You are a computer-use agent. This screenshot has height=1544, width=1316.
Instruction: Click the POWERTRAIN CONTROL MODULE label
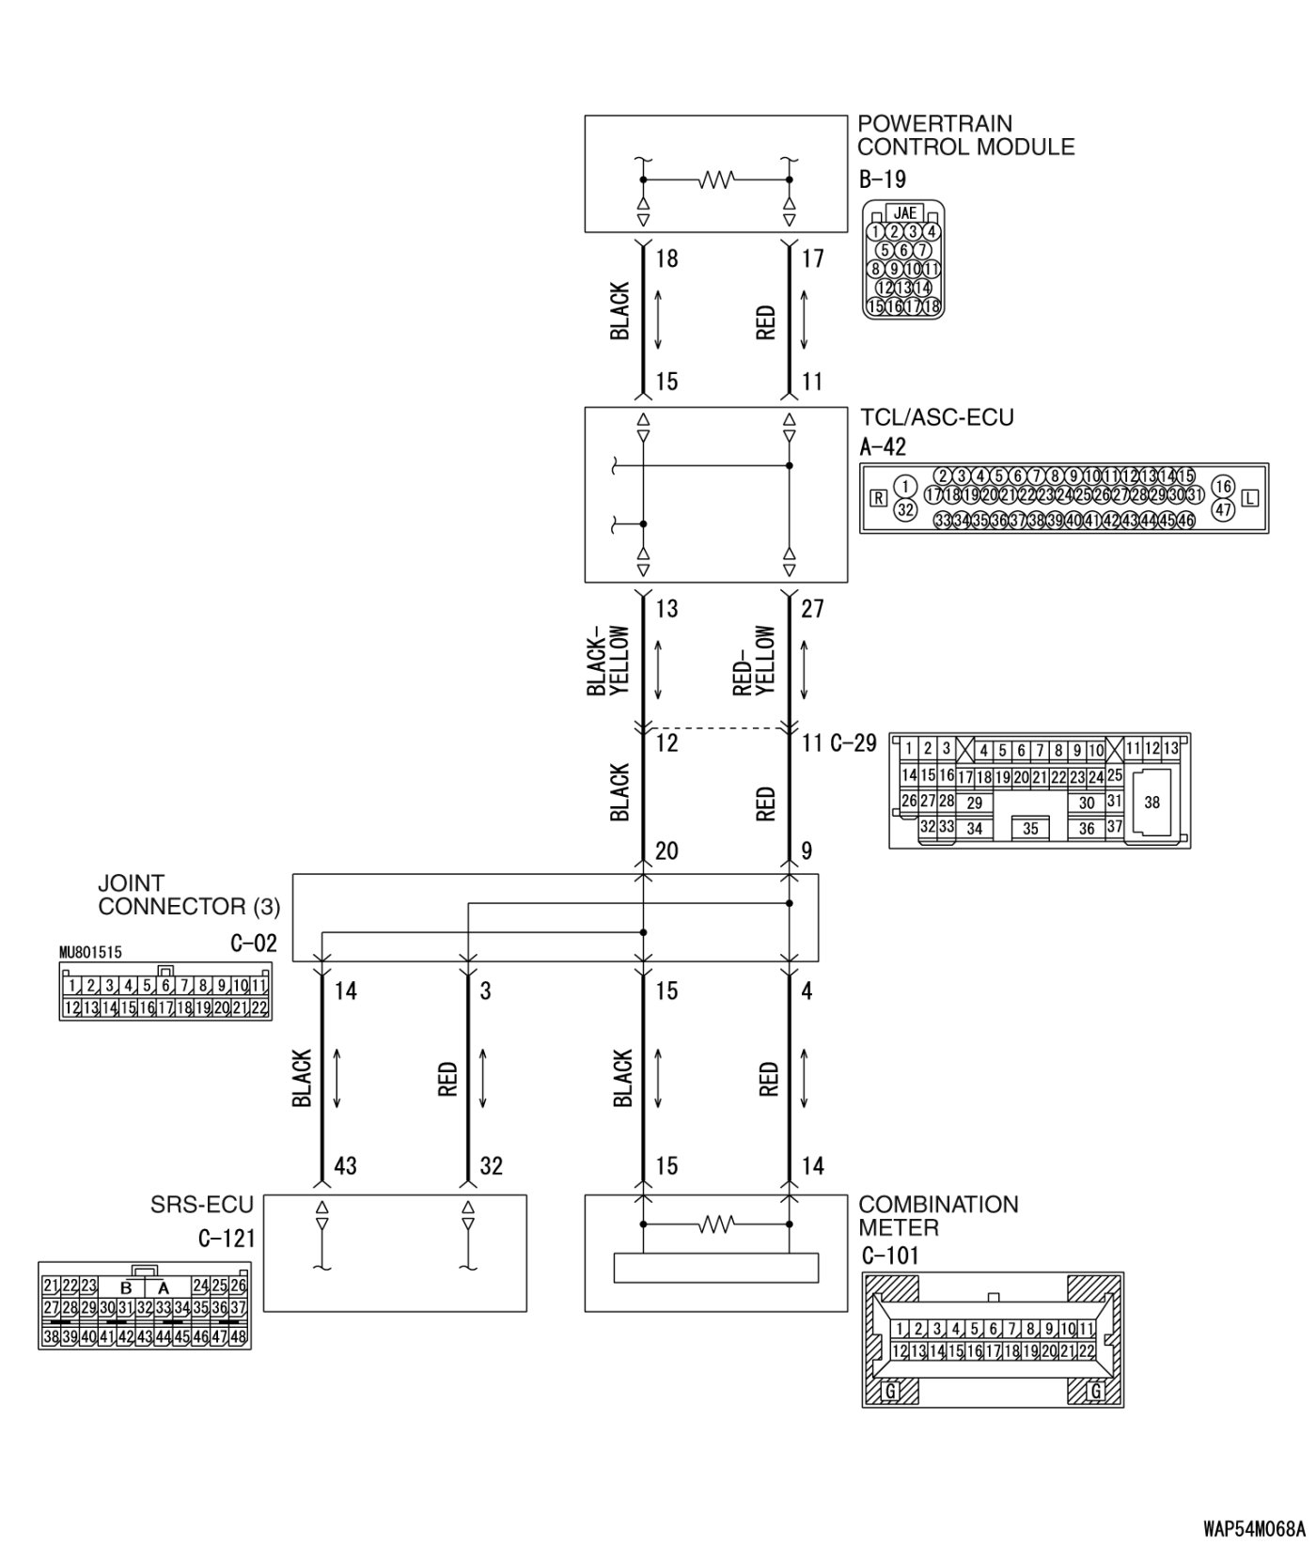coord(965,135)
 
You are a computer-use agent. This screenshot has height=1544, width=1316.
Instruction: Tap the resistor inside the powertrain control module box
coord(716,179)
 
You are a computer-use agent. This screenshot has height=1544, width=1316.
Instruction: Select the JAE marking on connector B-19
coord(904,213)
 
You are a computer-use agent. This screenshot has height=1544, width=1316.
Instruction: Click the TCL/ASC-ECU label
coord(936,417)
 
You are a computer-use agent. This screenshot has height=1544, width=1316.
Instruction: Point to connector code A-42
coord(883,446)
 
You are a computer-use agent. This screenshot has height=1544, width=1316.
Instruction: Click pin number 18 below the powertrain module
coord(666,258)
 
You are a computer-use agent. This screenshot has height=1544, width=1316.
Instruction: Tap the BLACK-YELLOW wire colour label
coord(609,662)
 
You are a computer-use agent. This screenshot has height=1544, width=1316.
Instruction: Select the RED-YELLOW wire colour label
coord(754,662)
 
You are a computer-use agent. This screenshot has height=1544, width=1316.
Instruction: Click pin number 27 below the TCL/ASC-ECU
coord(812,609)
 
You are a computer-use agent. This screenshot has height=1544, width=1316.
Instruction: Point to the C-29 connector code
coord(854,743)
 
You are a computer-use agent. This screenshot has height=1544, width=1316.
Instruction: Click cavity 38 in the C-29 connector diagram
coord(1152,803)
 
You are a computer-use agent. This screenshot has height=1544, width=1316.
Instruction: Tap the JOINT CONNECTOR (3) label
coord(188,896)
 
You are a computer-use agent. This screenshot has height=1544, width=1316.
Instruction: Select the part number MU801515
coord(90,953)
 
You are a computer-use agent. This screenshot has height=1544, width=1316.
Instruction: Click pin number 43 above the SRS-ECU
coord(346,1166)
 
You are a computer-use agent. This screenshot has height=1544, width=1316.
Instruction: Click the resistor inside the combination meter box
coord(716,1224)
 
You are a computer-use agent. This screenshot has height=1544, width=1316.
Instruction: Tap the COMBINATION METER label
coord(937,1216)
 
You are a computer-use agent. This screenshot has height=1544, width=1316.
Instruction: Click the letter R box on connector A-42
coord(878,498)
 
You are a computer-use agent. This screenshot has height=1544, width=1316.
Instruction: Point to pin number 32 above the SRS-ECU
coord(491,1166)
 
